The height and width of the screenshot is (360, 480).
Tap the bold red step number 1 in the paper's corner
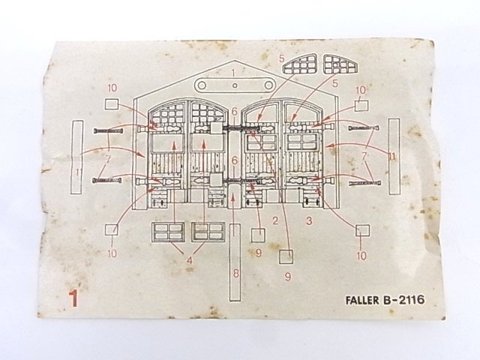[x=73, y=298]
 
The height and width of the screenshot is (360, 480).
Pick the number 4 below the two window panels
[x=189, y=260]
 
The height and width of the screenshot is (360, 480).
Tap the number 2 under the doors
[x=275, y=220]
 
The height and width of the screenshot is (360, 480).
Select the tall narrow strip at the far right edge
[x=394, y=156]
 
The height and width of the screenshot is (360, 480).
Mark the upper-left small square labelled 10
[x=112, y=105]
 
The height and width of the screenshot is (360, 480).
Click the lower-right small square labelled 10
[x=361, y=231]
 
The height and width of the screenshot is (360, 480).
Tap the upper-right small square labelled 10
[x=361, y=105]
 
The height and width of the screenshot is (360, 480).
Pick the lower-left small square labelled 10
[x=112, y=232]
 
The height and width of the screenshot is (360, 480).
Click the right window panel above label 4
[x=208, y=232]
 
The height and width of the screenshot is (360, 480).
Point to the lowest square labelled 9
[x=286, y=256]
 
